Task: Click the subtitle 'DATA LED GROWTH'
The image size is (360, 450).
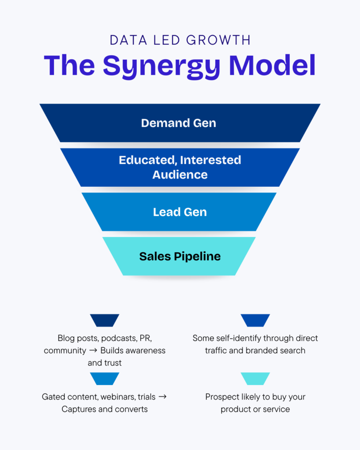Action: (180, 40)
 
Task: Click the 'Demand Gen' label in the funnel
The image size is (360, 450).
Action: (178, 123)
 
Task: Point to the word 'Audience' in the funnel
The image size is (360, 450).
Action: (180, 174)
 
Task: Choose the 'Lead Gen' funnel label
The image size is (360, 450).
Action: (180, 212)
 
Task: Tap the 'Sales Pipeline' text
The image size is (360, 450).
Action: (180, 256)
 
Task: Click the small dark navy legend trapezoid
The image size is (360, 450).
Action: (105, 320)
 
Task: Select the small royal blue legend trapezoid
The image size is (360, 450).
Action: (255, 320)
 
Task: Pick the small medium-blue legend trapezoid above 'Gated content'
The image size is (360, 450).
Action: (105, 379)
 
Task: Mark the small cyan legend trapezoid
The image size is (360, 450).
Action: (255, 379)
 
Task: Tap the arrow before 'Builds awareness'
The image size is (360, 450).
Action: (93, 351)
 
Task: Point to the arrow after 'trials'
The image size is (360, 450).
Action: (162, 397)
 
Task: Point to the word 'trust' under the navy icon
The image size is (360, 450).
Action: (112, 363)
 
